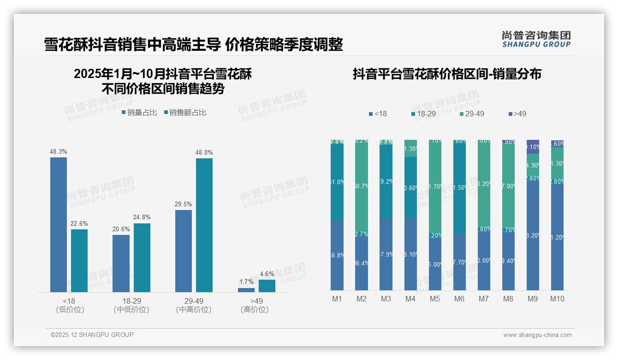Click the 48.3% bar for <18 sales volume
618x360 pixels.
59,225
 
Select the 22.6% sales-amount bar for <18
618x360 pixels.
79,261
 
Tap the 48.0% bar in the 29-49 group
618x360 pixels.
204,225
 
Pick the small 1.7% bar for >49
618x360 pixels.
246,290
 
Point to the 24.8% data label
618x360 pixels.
142,217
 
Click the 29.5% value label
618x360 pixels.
184,204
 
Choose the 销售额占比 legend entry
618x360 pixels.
185,113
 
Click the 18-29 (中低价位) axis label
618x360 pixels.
131,305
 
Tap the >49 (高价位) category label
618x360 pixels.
255,305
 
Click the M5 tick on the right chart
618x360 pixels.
435,299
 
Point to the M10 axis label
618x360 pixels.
557,299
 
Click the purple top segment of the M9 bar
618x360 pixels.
533,147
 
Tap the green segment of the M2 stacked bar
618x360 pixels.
362,185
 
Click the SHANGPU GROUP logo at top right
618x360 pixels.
536,39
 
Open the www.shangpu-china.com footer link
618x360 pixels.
537,335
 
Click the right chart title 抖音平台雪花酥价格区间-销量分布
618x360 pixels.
447,74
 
